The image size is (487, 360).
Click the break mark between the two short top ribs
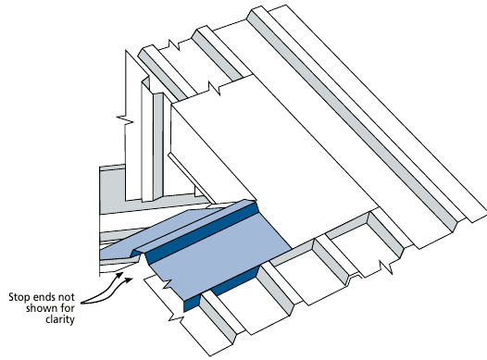[173, 44]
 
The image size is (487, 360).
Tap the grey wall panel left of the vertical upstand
[111, 185]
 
